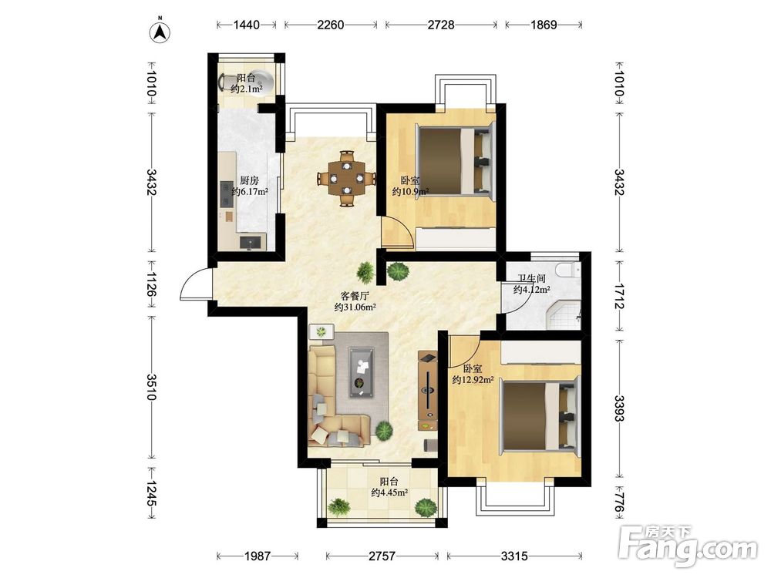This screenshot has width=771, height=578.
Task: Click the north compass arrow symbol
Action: [160, 32]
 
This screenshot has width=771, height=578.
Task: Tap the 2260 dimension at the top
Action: [331, 24]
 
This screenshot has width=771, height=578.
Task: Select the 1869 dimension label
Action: [544, 24]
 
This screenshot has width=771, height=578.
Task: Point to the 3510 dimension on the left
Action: [152, 387]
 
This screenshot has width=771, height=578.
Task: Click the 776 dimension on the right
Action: [619, 502]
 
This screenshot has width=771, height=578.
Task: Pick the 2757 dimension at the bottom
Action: [382, 556]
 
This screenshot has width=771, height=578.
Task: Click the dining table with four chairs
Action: [346, 178]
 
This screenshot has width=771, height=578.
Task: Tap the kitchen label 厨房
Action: [250, 180]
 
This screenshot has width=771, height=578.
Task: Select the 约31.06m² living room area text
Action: [355, 307]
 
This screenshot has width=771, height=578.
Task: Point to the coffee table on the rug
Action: [362, 371]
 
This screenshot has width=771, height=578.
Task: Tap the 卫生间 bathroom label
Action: [531, 279]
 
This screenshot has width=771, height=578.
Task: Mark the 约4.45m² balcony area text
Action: [389, 492]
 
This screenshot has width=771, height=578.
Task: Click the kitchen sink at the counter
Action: [251, 242]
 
